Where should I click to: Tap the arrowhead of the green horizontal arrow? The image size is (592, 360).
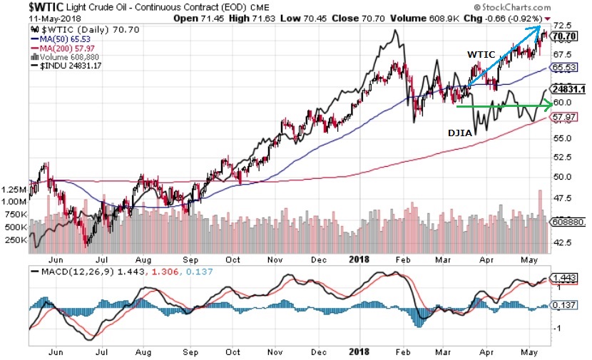[550, 107]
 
